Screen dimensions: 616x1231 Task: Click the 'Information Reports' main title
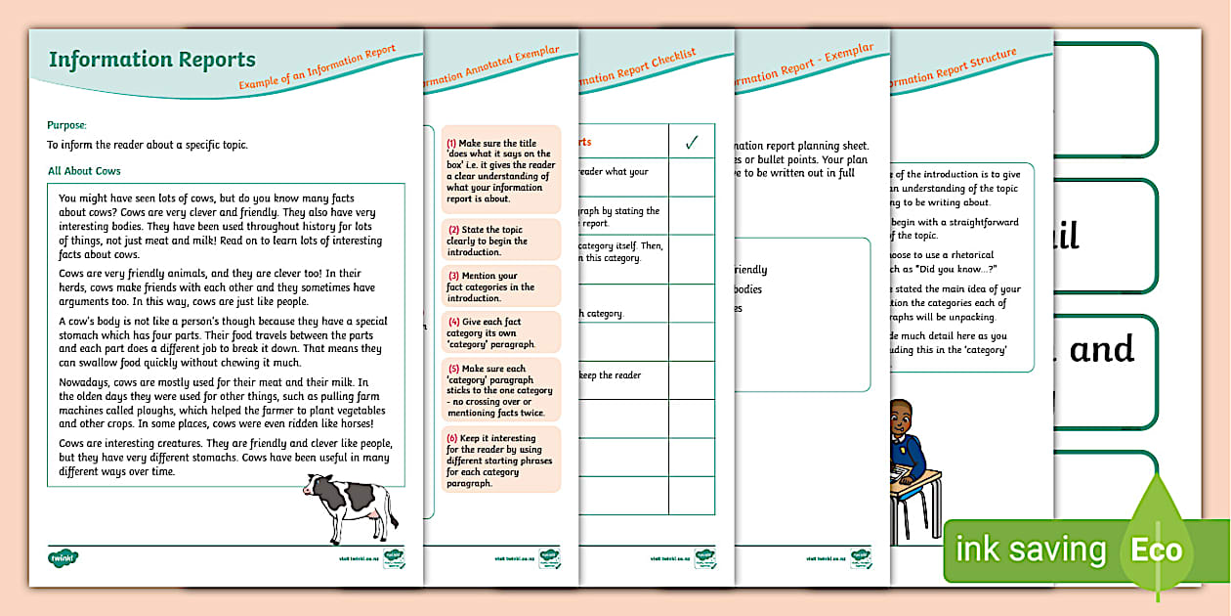151,61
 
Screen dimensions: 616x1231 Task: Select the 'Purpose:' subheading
67,125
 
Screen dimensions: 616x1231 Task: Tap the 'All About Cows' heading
84,171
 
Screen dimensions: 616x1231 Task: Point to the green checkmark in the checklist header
691,143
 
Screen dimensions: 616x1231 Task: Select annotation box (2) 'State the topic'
501,241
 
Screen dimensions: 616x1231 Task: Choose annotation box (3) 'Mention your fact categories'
501,287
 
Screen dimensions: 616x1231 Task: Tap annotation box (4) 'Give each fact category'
501,332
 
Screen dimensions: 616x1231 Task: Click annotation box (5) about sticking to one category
501,390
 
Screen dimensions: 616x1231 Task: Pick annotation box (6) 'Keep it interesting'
501,461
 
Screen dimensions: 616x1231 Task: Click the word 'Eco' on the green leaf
1157,550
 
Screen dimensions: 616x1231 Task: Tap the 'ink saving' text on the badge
1030,550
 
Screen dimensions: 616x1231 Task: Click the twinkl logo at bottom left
64,558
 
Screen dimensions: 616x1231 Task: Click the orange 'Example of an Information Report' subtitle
318,69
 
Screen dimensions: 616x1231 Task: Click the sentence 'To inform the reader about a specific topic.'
148,145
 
